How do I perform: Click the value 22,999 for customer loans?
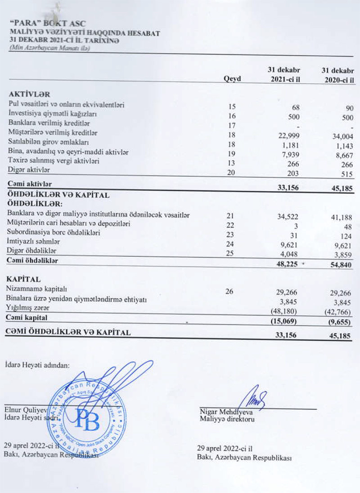tap(288, 133)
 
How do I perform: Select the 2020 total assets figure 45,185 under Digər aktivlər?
tap(342, 189)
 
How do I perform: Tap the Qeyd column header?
tap(232, 79)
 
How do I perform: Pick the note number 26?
tap(229, 291)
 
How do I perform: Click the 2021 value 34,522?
tap(288, 217)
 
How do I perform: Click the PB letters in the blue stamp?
tap(88, 419)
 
